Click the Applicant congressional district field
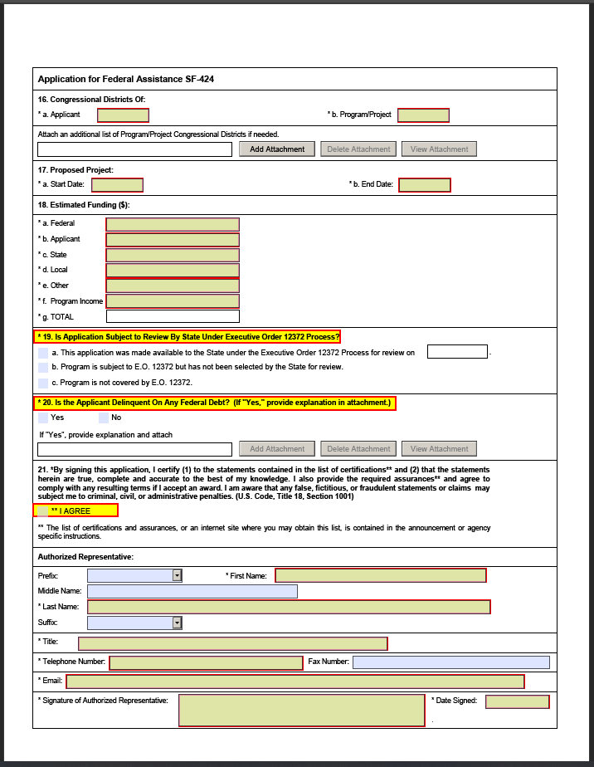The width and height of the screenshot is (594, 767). (123, 115)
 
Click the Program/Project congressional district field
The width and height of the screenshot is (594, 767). (423, 115)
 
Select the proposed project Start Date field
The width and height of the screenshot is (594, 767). (117, 185)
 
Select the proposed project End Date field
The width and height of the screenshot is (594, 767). (425, 185)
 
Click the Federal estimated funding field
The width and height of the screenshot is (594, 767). (173, 224)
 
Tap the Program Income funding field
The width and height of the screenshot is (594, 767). (173, 301)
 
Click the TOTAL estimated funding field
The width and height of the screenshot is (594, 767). (173, 316)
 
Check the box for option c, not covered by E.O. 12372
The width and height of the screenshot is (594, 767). (43, 383)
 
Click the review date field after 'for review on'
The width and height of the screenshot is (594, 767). (457, 352)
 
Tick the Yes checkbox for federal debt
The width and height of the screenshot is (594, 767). (43, 418)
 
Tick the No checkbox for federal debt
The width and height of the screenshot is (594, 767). (104, 418)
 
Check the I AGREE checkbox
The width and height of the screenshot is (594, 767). (43, 511)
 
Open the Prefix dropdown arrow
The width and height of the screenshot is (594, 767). (177, 575)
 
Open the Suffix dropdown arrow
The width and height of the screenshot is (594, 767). (177, 623)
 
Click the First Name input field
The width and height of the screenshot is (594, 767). (380, 575)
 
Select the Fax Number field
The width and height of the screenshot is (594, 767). (450, 662)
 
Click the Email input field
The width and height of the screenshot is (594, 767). (295, 682)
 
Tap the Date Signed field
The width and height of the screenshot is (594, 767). (517, 702)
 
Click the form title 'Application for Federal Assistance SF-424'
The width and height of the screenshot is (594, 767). (126, 80)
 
